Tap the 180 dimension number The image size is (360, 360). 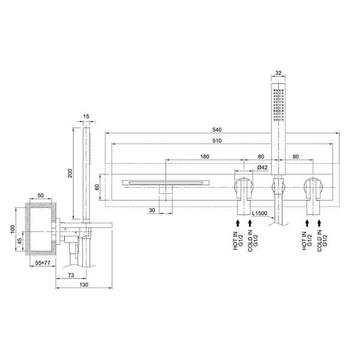(204, 157)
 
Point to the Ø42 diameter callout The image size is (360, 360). (262, 167)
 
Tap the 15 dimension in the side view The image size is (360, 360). (86, 116)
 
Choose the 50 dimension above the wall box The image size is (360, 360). (41, 196)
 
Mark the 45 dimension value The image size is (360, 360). (20, 242)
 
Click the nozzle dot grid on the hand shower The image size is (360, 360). (277, 104)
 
